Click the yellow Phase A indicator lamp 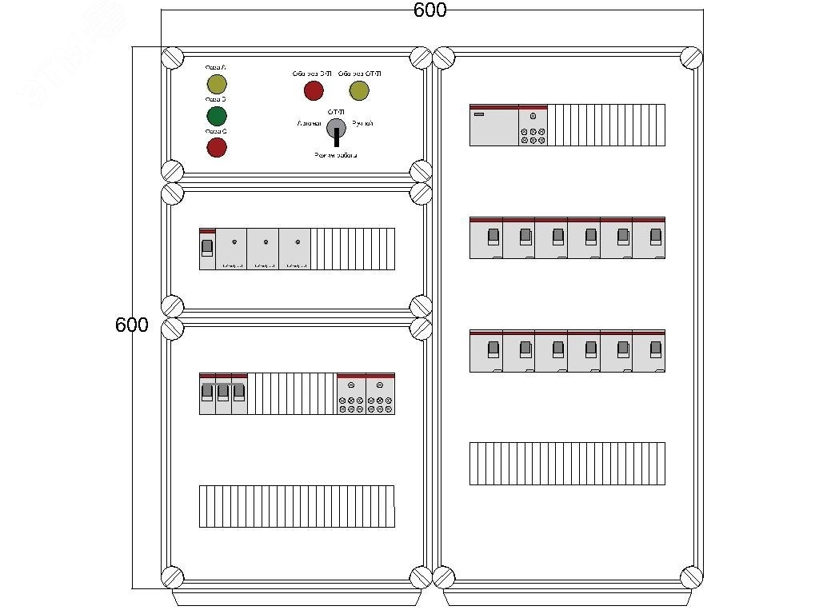(x=217, y=85)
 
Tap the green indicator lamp (x=217, y=116)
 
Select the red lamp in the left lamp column (x=217, y=147)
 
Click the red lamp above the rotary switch (x=314, y=90)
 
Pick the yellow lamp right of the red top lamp (x=359, y=90)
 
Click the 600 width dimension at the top (x=430, y=10)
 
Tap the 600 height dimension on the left (x=132, y=325)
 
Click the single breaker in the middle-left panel (x=207, y=249)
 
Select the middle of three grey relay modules (x=263, y=249)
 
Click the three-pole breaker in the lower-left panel (x=223, y=393)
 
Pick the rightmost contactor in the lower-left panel (x=381, y=393)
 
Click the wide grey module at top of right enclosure (x=493, y=126)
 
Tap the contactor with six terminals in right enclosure (x=533, y=126)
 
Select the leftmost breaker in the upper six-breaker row (x=486, y=237)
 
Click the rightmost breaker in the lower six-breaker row (x=649, y=350)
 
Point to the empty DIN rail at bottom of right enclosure (x=567, y=463)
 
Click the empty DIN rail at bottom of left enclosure (x=297, y=506)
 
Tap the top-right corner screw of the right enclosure (x=690, y=58)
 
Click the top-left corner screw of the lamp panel (x=173, y=58)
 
